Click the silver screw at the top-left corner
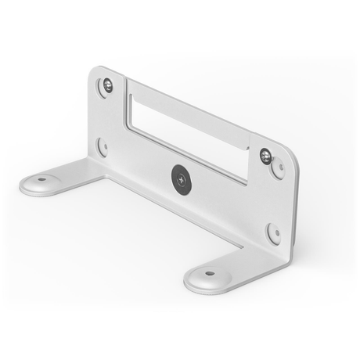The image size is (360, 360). [x=108, y=85]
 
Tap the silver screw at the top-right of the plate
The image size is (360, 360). [x=266, y=156]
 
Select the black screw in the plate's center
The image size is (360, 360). [x=178, y=178]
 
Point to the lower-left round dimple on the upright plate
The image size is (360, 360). [x=102, y=146]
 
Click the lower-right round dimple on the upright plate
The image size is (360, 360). [x=273, y=232]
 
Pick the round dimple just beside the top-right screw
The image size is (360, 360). [x=278, y=170]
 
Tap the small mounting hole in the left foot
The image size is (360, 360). [x=41, y=179]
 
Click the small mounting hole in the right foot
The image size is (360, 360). [x=209, y=274]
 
